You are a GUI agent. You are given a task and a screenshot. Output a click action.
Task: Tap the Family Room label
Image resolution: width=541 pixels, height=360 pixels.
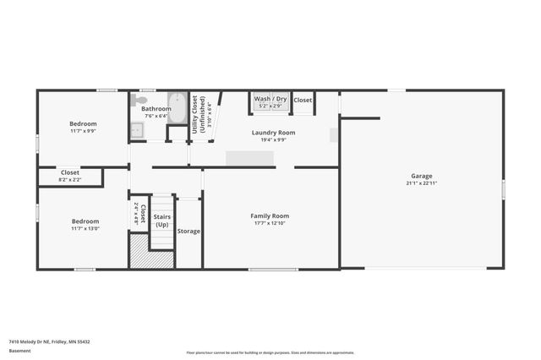click(270, 215)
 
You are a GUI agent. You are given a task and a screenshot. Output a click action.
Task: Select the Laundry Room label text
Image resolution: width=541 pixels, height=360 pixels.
click(273, 133)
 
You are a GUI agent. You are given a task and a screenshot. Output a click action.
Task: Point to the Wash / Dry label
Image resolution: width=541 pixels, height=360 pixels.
click(270, 100)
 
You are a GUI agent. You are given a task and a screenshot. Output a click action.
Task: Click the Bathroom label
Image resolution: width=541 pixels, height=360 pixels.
click(156, 109)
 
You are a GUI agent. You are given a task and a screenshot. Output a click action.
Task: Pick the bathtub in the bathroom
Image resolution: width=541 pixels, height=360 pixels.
click(178, 109)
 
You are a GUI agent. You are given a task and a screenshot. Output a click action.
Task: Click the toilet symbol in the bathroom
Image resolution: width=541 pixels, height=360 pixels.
click(138, 100)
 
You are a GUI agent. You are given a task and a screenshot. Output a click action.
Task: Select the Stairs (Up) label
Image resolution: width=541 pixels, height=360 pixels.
click(161, 221)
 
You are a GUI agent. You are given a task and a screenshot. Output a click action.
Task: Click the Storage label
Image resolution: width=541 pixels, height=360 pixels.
click(189, 231)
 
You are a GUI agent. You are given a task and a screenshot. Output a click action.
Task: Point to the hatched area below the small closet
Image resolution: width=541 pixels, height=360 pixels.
click(139, 252)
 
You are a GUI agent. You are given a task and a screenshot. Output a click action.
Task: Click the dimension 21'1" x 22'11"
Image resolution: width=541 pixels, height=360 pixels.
click(421, 183)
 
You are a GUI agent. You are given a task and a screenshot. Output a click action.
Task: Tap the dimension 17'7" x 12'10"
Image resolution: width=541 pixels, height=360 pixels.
click(270, 223)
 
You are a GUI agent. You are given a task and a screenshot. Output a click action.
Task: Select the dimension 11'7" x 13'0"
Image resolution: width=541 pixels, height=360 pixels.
click(85, 228)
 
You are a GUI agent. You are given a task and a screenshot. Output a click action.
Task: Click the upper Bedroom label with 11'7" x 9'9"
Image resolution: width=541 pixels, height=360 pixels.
click(83, 123)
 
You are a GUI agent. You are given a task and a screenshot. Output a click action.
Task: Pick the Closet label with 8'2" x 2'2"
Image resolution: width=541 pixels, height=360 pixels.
click(70, 172)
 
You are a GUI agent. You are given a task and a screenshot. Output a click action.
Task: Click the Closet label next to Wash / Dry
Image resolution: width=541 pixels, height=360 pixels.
click(303, 100)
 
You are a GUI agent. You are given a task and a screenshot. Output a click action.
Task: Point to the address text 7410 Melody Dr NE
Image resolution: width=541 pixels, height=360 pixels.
click(49, 341)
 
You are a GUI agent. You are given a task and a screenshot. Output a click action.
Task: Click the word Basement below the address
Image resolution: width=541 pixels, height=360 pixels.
click(19, 351)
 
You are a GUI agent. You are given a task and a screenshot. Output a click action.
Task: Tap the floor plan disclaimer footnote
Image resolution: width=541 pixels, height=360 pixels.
click(282, 352)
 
